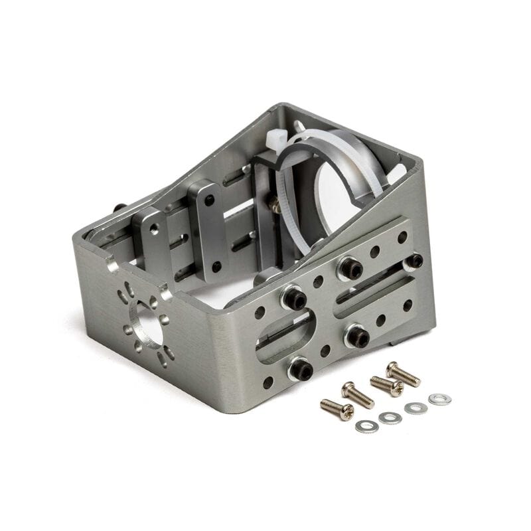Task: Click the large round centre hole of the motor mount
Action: (147, 323)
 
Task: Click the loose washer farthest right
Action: (439, 399)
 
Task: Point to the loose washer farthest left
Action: (366, 425)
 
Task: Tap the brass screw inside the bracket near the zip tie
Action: (274, 204)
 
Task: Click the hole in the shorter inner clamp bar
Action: (154, 228)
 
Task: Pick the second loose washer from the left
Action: (390, 417)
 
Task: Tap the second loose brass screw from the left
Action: (358, 395)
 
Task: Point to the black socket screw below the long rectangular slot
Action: (357, 335)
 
